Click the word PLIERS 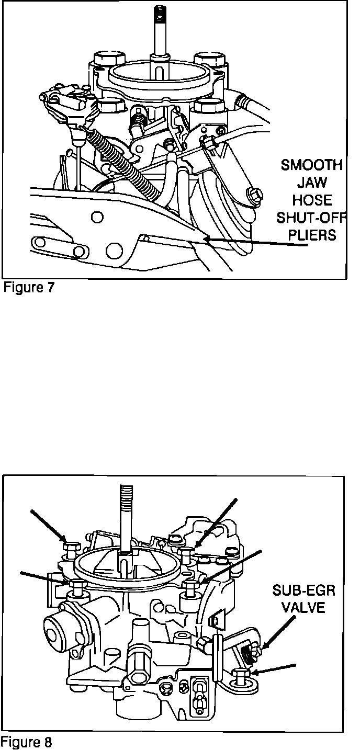[312, 235]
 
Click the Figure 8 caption [27, 742]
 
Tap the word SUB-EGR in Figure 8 [303, 591]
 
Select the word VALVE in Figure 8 [303, 608]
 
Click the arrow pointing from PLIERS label [246, 242]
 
